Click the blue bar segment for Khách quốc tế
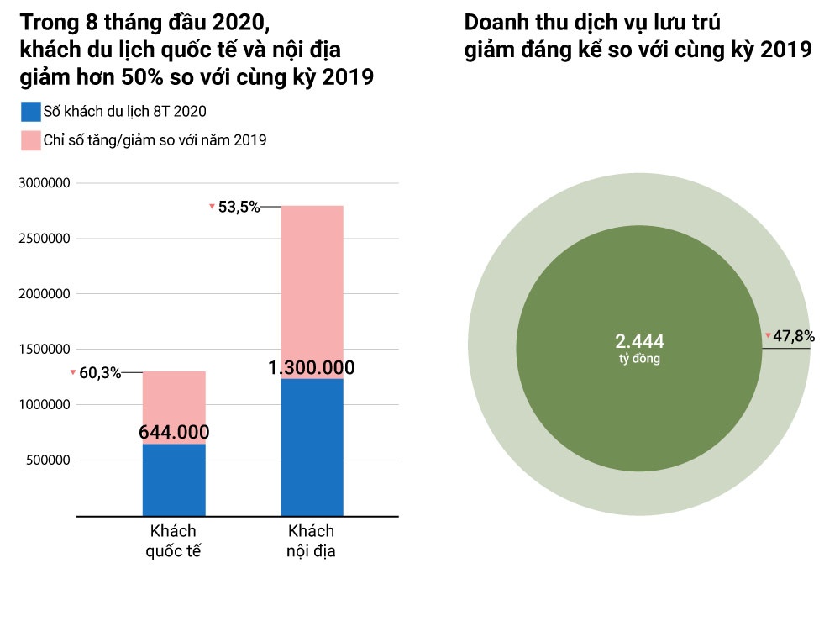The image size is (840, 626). tap(174, 481)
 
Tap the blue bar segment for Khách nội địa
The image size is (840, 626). tap(312, 447)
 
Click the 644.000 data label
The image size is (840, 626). tap(174, 433)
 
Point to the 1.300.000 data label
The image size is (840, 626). tap(312, 368)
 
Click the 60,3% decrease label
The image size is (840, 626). tap(100, 373)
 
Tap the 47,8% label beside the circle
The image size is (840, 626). tap(794, 336)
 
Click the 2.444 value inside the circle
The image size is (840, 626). tap(639, 341)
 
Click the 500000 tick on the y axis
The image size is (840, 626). tap(45, 460)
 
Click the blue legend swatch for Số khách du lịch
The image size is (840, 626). tap(31, 112)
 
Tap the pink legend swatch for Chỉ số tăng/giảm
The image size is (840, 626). tap(31, 140)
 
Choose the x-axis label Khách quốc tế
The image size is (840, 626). tap(173, 541)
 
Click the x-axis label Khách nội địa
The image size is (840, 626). tap(312, 541)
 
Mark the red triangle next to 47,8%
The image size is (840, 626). tap(768, 336)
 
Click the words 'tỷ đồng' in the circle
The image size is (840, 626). tap(639, 359)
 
